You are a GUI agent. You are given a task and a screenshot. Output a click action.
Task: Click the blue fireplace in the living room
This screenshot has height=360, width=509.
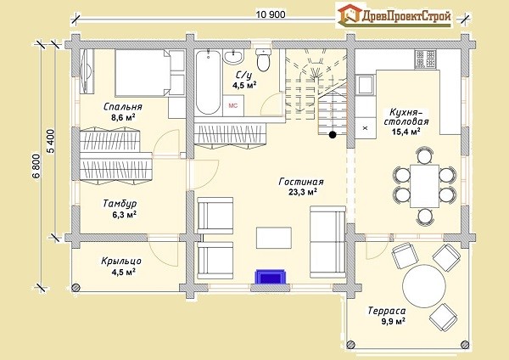coord(270,277)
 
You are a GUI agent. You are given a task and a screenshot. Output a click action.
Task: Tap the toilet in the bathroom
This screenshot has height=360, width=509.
coord(263,59)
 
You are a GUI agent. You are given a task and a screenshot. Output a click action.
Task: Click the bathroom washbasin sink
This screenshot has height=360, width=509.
coord(233,57)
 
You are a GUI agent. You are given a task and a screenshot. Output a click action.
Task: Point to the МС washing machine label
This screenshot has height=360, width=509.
coord(233,105)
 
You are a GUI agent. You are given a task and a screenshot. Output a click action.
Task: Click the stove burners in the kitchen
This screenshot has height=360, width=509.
coord(425,59)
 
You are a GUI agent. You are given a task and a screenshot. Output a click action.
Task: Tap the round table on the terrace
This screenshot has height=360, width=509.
coord(424,285)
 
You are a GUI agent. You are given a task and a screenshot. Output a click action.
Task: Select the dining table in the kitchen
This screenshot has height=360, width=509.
coord(425,186)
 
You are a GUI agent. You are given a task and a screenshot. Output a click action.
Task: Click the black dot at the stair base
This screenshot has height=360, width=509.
coord(333,134)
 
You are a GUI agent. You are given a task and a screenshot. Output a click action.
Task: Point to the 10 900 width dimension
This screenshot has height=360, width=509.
coord(271,14)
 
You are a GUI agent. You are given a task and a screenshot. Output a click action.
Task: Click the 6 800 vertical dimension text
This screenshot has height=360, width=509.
coord(36,166)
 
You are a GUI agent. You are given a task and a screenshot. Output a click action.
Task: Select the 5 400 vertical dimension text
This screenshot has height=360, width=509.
coord(51,141)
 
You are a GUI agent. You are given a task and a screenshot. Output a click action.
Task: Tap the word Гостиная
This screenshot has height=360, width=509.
coord(301,182)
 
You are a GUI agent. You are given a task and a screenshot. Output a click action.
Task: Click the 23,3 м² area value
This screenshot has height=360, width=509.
coord(303,192)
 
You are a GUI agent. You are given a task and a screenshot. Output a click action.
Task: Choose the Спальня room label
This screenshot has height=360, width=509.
coord(123,107)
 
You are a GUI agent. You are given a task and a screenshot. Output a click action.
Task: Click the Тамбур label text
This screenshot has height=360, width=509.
coord(120,204)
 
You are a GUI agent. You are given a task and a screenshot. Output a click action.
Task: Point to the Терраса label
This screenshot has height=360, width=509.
coord(387,311)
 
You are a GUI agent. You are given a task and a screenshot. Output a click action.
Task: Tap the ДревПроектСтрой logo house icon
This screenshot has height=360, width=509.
coord(350,14)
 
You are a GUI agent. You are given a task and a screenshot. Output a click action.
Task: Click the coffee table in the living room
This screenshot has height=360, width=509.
coord(274,238)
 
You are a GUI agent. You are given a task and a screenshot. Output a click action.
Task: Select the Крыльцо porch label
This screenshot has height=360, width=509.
coord(121,262)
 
